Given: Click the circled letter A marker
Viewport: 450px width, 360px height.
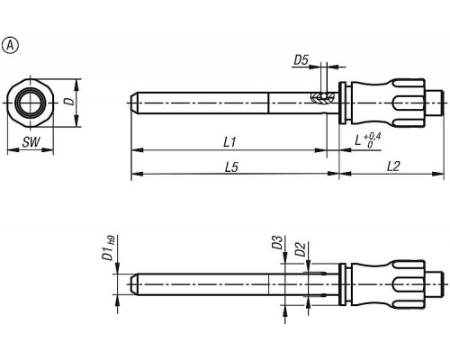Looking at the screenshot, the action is [11, 46].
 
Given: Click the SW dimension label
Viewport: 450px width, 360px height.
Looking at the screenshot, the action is [31, 142].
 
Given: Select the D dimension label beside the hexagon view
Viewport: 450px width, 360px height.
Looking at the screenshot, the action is [69, 101].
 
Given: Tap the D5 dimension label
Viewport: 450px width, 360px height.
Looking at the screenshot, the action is [301, 60].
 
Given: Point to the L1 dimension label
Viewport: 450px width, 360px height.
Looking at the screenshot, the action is [230, 141].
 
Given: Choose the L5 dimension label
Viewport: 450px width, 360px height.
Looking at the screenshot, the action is [231, 167].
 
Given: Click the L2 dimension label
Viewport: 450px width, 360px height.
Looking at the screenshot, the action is [393, 166].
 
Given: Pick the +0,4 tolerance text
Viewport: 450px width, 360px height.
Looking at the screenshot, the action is [373, 137].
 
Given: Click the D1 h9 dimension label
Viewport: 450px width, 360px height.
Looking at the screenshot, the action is [108, 247].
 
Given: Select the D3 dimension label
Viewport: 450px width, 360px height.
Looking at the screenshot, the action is [277, 242].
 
